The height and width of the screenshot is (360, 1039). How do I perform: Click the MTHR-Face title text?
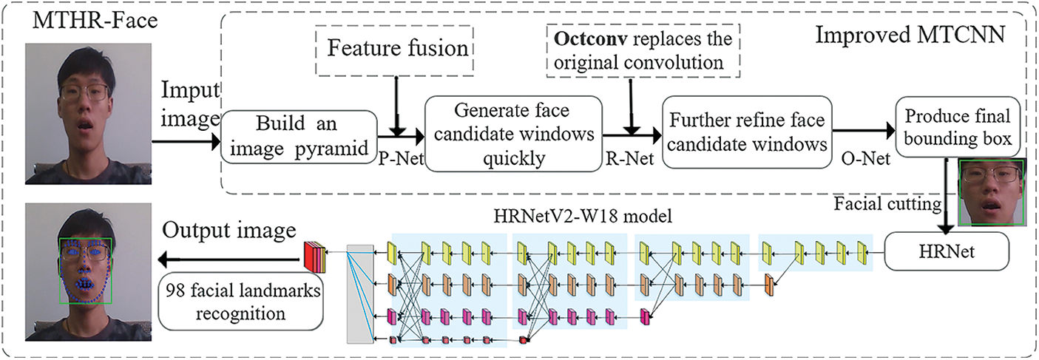[x=95, y=21]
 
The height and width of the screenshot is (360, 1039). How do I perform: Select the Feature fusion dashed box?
[x=395, y=50]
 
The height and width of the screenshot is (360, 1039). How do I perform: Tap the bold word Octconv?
[x=591, y=38]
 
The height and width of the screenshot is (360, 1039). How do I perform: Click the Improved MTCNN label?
[x=910, y=35]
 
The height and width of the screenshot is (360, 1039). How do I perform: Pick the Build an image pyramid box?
[x=299, y=137]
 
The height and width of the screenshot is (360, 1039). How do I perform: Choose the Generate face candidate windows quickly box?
[x=513, y=134]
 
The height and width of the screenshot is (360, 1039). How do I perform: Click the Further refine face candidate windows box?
[x=747, y=132]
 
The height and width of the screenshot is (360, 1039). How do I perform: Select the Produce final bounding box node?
[x=958, y=126]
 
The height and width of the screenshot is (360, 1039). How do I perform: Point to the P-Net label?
[x=402, y=159]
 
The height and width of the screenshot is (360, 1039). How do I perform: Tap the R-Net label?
[x=630, y=159]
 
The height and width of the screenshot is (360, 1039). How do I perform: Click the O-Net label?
[x=865, y=159]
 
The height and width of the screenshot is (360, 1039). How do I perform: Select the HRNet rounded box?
[x=947, y=251]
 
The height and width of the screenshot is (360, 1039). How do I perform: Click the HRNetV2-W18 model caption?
[x=583, y=216]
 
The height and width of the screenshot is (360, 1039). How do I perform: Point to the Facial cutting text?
[x=888, y=204]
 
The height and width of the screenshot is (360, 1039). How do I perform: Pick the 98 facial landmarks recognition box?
[x=241, y=302]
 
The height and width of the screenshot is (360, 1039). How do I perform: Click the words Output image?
[x=229, y=230]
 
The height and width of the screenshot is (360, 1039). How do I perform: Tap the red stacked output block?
[x=315, y=257]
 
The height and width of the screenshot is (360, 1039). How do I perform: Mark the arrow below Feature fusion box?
[x=396, y=106]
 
